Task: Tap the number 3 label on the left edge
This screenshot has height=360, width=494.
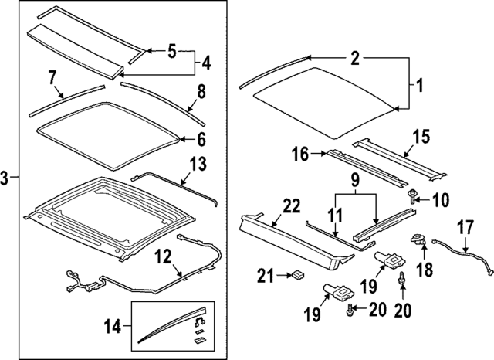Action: click(5, 178)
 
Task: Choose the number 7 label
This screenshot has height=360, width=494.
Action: click(52, 77)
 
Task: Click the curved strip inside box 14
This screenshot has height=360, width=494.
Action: click(166, 328)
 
